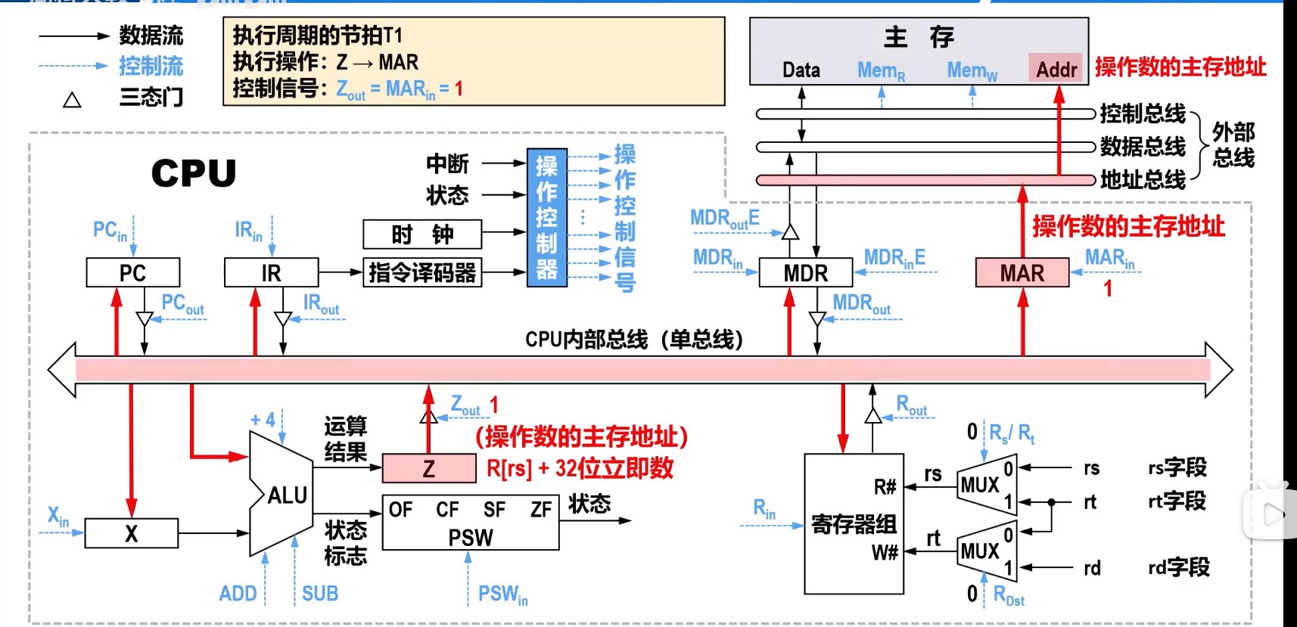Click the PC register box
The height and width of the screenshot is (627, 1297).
click(133, 272)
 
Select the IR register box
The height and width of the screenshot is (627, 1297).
click(271, 272)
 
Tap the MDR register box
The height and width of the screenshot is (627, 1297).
click(805, 272)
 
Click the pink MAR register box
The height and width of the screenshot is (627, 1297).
click(1022, 272)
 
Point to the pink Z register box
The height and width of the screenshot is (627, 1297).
click(428, 468)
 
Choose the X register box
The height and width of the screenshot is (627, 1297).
click(131, 533)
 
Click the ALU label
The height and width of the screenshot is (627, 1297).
click(287, 495)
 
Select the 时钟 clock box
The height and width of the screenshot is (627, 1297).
click(421, 234)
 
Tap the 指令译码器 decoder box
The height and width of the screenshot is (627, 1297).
click(421, 272)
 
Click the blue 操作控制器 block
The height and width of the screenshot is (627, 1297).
click(546, 217)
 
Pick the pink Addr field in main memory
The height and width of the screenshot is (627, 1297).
click(1056, 70)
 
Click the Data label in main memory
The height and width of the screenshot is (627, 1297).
click(801, 70)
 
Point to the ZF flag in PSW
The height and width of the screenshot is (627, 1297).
click(540, 510)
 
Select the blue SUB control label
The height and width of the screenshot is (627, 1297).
click(320, 594)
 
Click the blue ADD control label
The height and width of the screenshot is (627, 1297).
click(238, 594)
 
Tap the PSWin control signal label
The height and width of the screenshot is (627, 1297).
click(502, 594)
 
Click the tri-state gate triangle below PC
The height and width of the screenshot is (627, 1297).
click(144, 319)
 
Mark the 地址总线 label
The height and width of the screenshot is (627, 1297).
click(1143, 180)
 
